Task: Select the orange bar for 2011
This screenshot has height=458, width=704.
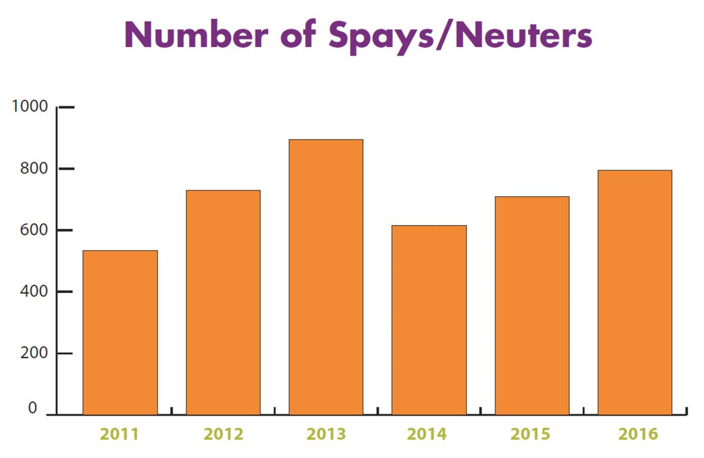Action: click(x=120, y=333)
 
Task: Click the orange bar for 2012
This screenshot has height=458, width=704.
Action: click(x=223, y=302)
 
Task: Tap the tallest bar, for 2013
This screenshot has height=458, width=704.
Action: click(x=326, y=277)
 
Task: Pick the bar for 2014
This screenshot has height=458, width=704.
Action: click(x=429, y=320)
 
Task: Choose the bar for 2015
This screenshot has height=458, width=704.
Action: click(x=532, y=305)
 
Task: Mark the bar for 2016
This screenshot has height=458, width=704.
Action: click(x=635, y=292)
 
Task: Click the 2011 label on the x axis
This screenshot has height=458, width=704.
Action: click(x=120, y=434)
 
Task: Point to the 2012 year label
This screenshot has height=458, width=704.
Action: click(x=223, y=434)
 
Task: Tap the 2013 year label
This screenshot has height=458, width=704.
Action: click(x=326, y=434)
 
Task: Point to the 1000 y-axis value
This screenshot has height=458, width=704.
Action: click(x=30, y=106)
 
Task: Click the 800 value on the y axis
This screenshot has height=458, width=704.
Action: click(x=34, y=168)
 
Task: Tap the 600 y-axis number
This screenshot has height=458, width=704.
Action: click(x=34, y=230)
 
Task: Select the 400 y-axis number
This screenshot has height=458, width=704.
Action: click(x=34, y=292)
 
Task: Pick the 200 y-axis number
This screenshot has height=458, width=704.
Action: click(x=34, y=354)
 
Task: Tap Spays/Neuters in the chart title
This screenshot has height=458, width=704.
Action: click(x=460, y=36)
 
